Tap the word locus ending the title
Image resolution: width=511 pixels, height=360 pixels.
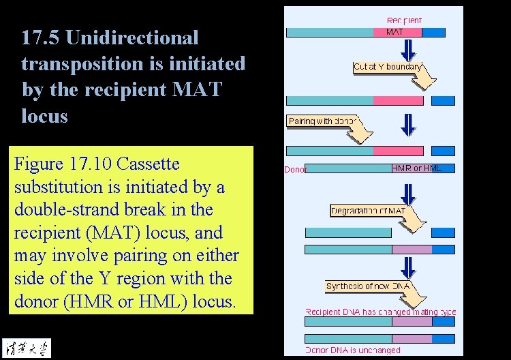pos(44,115)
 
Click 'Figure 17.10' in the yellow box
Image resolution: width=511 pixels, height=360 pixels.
pos(63,164)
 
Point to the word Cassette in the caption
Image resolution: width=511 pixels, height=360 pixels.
pos(149,164)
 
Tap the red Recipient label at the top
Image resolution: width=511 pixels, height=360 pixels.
pos(404,20)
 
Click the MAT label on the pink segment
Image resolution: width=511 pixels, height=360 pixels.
pos(394,32)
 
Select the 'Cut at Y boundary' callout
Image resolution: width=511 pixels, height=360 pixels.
pos(387,67)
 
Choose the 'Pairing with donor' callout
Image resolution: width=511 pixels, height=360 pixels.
pos(324,121)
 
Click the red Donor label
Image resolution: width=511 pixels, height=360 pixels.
pos(295,169)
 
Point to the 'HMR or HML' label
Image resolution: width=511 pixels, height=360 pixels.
pos(416,168)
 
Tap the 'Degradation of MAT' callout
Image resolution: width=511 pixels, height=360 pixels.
pos(368,211)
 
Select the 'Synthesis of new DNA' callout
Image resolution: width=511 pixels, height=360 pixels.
pos(368,286)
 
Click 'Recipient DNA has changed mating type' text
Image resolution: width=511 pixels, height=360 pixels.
pos(380,312)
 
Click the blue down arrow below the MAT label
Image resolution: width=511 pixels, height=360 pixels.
pos(407,49)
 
